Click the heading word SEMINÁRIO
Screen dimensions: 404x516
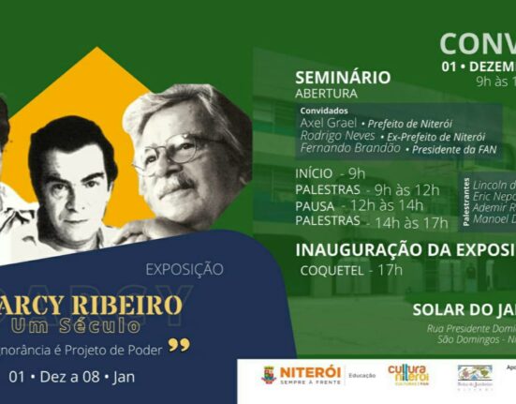(x=342, y=78)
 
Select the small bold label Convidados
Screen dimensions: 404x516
(x=323, y=111)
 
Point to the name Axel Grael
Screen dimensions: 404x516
(x=326, y=122)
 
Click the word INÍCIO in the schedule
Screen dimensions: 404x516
(x=314, y=173)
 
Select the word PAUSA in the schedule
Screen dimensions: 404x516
(x=315, y=205)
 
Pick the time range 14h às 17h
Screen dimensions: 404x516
(x=408, y=221)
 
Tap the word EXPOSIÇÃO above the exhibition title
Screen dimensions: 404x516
(x=184, y=269)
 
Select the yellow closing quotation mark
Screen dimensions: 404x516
(x=178, y=346)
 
